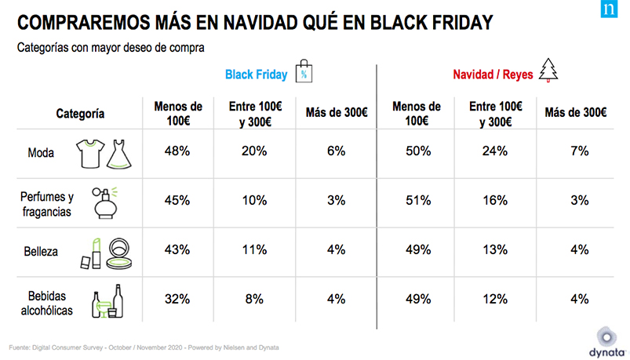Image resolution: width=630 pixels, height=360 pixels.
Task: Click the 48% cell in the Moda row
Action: click(x=178, y=151)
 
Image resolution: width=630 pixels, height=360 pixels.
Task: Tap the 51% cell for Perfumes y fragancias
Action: click(x=419, y=200)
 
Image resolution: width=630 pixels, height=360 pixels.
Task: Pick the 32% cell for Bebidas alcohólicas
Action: click(x=178, y=298)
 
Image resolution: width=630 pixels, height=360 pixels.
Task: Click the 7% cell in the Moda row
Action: click(x=580, y=151)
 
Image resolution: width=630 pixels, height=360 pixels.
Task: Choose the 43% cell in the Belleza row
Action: click(x=178, y=249)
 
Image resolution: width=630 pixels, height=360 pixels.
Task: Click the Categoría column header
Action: click(x=80, y=114)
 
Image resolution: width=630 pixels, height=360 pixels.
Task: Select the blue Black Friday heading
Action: click(x=256, y=75)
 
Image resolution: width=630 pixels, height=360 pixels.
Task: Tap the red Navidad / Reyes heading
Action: click(x=493, y=75)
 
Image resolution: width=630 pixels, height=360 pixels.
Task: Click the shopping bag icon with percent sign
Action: click(x=304, y=72)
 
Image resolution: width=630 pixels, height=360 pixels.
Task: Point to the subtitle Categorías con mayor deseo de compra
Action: click(x=111, y=49)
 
